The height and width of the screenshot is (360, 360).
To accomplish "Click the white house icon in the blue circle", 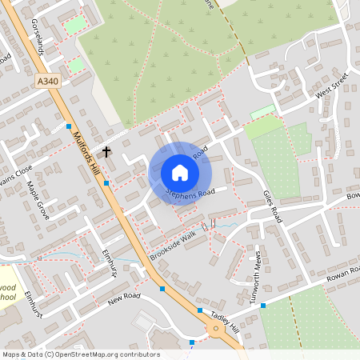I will click(x=180, y=173).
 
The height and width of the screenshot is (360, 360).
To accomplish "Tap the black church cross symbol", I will click(x=106, y=151).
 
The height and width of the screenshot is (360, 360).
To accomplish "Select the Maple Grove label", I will click(x=38, y=200).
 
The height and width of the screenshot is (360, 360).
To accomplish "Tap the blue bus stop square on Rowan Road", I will click(x=262, y=305).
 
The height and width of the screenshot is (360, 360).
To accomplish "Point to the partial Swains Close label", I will click(x=16, y=170).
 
